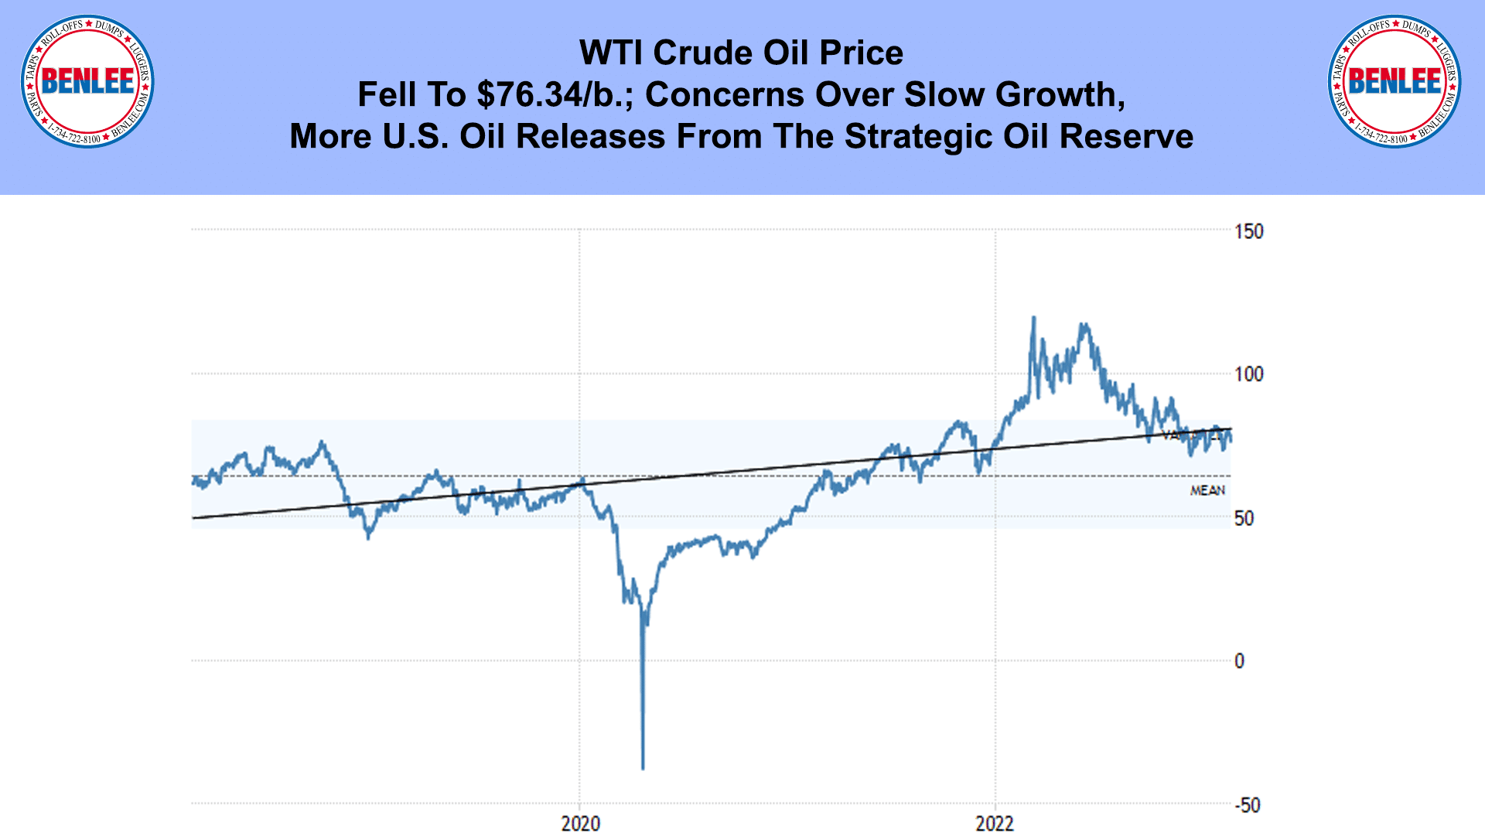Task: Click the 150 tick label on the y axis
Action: [x=1248, y=231]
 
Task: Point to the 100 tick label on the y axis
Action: [x=1248, y=374]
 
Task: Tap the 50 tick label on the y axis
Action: [x=1244, y=518]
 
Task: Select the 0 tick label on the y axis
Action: [x=1239, y=661]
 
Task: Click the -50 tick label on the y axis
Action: [x=1247, y=805]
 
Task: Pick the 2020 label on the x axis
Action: [x=580, y=823]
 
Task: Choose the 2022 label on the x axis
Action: [x=995, y=823]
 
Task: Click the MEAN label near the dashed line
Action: [x=1207, y=490]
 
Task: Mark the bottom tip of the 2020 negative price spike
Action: [x=643, y=769]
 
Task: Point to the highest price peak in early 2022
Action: [x=1033, y=317]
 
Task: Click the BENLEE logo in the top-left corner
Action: [x=87, y=81]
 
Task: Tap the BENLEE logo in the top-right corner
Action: [x=1395, y=81]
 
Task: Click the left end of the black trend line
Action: [x=193, y=517]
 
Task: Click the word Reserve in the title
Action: [x=1125, y=137]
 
